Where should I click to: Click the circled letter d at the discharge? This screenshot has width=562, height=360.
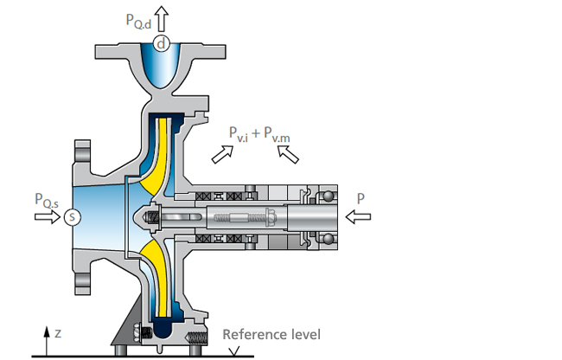(x=160, y=42)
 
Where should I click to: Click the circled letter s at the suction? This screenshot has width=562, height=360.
(x=72, y=216)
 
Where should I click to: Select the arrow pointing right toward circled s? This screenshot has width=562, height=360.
(x=47, y=216)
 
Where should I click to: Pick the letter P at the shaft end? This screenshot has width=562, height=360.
(x=360, y=198)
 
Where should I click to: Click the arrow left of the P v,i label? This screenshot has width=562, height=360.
(x=222, y=154)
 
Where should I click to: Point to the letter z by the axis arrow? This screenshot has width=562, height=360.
(x=57, y=333)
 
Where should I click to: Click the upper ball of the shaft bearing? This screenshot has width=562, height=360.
(x=329, y=196)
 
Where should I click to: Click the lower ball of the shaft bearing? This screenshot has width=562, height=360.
(x=329, y=238)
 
